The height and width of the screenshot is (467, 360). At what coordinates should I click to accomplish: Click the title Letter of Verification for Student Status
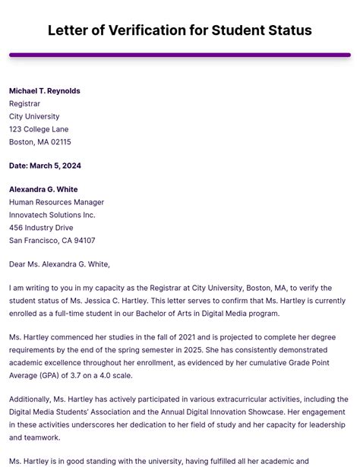click(x=180, y=30)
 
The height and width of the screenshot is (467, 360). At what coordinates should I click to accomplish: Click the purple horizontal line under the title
click(x=180, y=55)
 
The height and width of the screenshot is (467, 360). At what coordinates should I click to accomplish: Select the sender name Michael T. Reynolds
click(x=45, y=91)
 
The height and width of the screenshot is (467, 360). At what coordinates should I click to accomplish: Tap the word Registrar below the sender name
click(x=25, y=104)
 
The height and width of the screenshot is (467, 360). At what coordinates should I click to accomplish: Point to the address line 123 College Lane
click(x=39, y=130)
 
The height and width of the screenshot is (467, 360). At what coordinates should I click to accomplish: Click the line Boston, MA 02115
click(x=40, y=142)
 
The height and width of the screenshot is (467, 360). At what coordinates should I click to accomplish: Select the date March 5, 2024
click(x=61, y=166)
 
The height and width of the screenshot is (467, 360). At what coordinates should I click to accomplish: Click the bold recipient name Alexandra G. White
click(x=43, y=189)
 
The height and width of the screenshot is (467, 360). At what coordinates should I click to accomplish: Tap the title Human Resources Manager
click(x=57, y=203)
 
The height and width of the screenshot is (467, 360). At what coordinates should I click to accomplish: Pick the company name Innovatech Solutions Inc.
click(x=52, y=215)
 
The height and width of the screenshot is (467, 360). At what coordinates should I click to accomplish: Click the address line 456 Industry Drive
click(x=41, y=228)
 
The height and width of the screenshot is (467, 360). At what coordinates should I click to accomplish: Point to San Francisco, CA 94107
click(x=52, y=241)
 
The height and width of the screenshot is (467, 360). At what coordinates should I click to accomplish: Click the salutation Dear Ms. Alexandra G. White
click(x=59, y=264)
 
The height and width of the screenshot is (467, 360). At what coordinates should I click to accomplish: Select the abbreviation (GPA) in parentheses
click(x=52, y=376)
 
